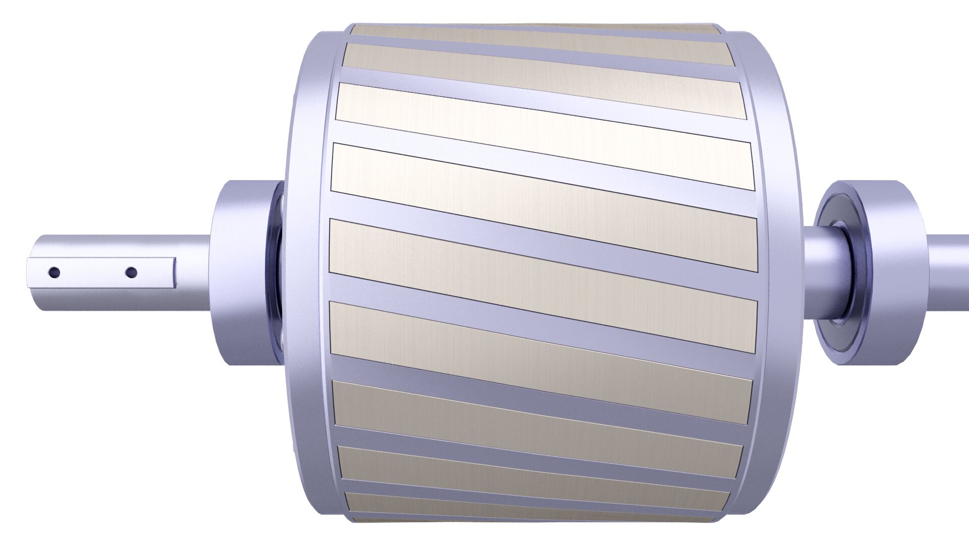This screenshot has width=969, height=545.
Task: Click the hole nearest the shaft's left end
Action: (x=54, y=273)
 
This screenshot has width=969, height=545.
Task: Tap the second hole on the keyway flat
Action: (x=131, y=273)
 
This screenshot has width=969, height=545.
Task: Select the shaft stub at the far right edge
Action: (x=951, y=272)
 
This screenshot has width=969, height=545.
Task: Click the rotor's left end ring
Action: (x=308, y=272)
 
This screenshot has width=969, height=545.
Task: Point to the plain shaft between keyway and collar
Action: (x=192, y=272)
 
